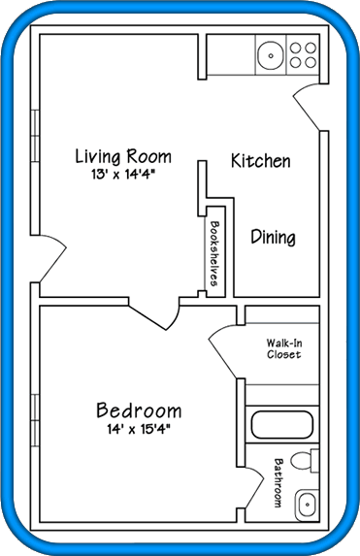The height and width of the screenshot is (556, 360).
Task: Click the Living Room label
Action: [x=123, y=157]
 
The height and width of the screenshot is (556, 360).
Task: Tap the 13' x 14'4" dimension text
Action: [x=123, y=175]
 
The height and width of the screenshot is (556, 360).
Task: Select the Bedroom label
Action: [x=139, y=410]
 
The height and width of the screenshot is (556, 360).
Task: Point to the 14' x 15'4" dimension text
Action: [x=139, y=429]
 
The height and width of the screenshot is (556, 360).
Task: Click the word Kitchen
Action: [x=261, y=160]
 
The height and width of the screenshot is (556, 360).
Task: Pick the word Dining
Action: [x=273, y=237]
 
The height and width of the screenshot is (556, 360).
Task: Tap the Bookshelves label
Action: [x=214, y=253]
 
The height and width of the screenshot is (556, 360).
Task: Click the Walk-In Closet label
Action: [x=283, y=348]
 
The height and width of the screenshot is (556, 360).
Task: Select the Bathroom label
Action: [x=278, y=483]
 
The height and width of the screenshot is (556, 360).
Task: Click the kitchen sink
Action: [x=271, y=55]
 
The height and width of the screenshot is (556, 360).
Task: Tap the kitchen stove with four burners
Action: [x=303, y=55]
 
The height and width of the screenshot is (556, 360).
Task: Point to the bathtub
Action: [x=282, y=425]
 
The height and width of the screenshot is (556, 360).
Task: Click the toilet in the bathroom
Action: [x=305, y=460]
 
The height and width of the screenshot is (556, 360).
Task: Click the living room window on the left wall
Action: [x=35, y=136]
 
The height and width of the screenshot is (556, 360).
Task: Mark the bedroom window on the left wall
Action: [x=35, y=420]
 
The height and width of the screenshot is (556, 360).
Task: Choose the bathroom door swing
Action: [x=253, y=488]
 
